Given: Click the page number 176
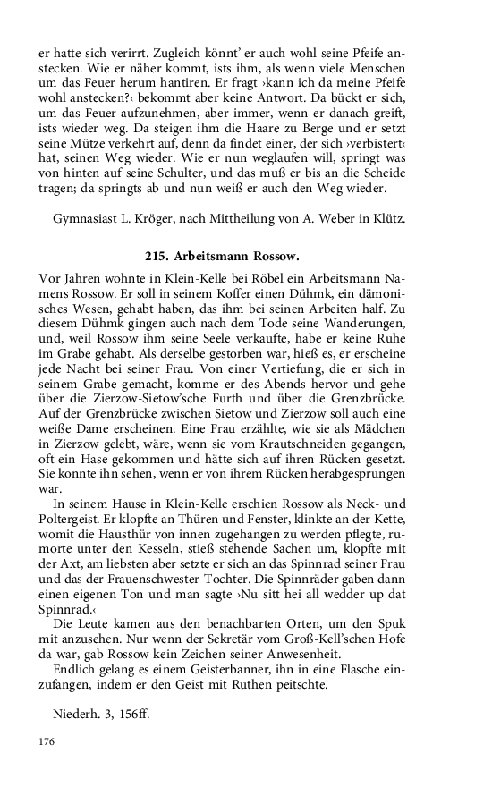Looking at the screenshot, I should [x=46, y=740].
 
